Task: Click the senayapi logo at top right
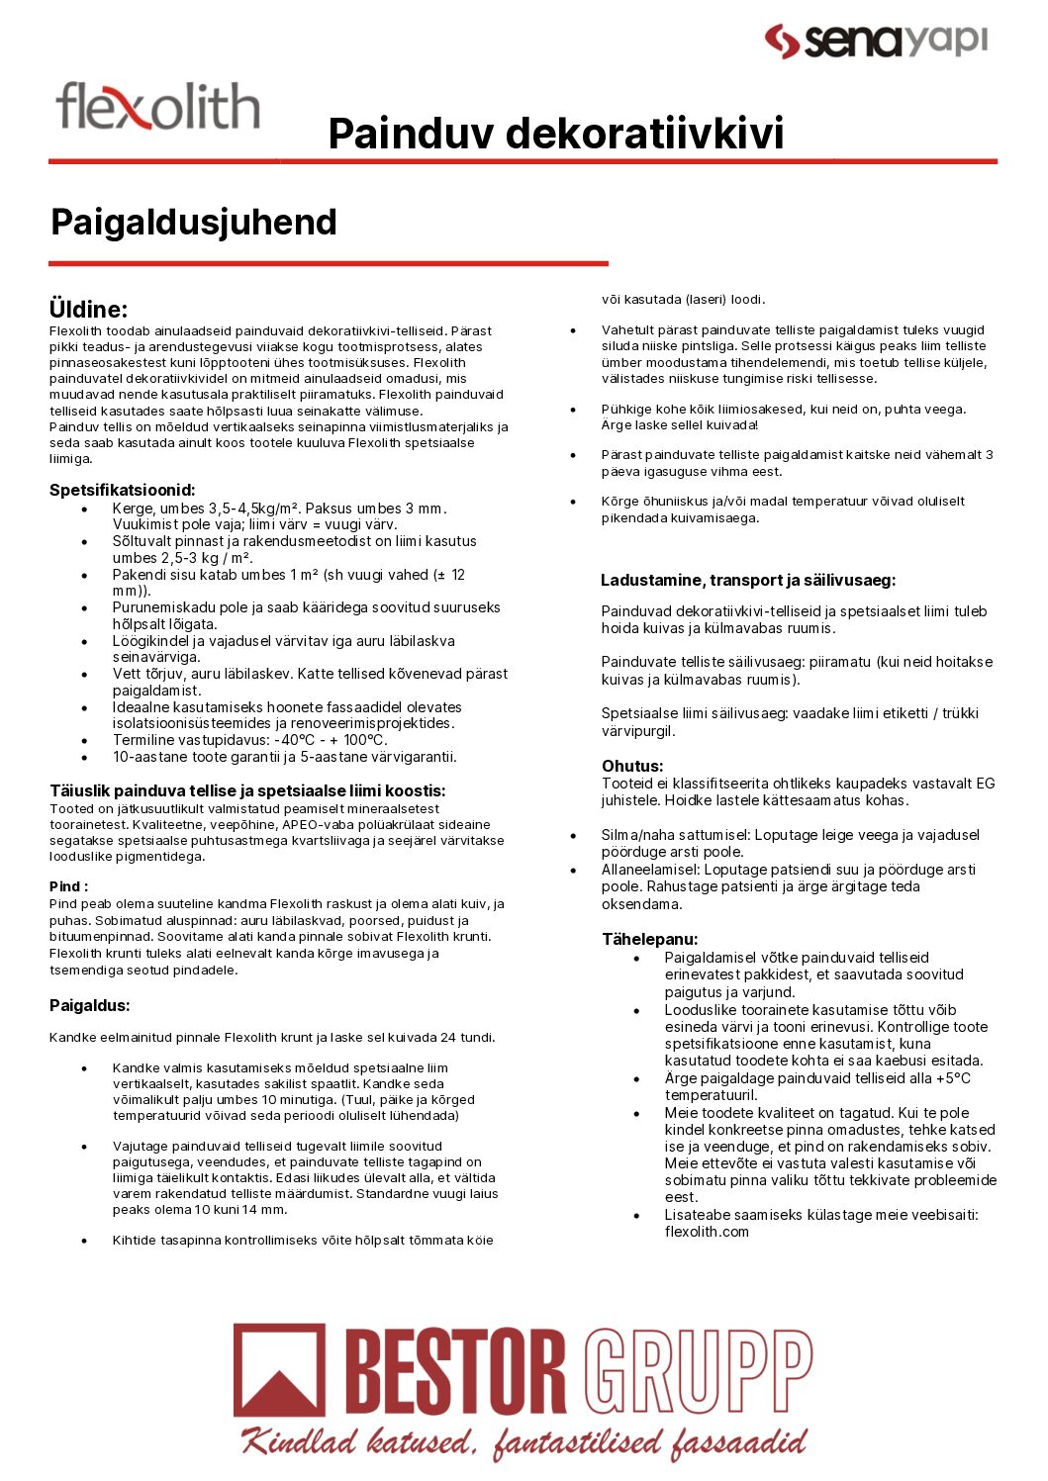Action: pyautogui.click(x=876, y=41)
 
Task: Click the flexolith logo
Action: pyautogui.click(x=158, y=107)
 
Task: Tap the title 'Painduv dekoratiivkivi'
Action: pyautogui.click(x=555, y=134)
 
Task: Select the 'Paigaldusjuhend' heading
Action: pyautogui.click(x=194, y=223)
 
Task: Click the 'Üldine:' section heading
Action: pyautogui.click(x=88, y=309)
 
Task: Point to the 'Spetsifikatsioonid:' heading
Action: pyautogui.click(x=123, y=490)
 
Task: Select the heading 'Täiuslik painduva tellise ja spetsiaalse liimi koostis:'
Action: pyautogui.click(x=247, y=790)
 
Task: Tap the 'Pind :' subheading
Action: pyautogui.click(x=68, y=886)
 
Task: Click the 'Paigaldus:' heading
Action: pyautogui.click(x=90, y=1005)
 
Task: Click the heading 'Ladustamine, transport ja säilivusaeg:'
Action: pyautogui.click(x=748, y=580)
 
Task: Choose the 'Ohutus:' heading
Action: pyautogui.click(x=632, y=766)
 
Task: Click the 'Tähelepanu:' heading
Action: pyautogui.click(x=649, y=939)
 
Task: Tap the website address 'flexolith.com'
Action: pyautogui.click(x=707, y=1232)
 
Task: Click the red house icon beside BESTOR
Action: pyautogui.click(x=279, y=1370)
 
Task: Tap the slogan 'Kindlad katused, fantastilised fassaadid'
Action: pyautogui.click(x=524, y=1442)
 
